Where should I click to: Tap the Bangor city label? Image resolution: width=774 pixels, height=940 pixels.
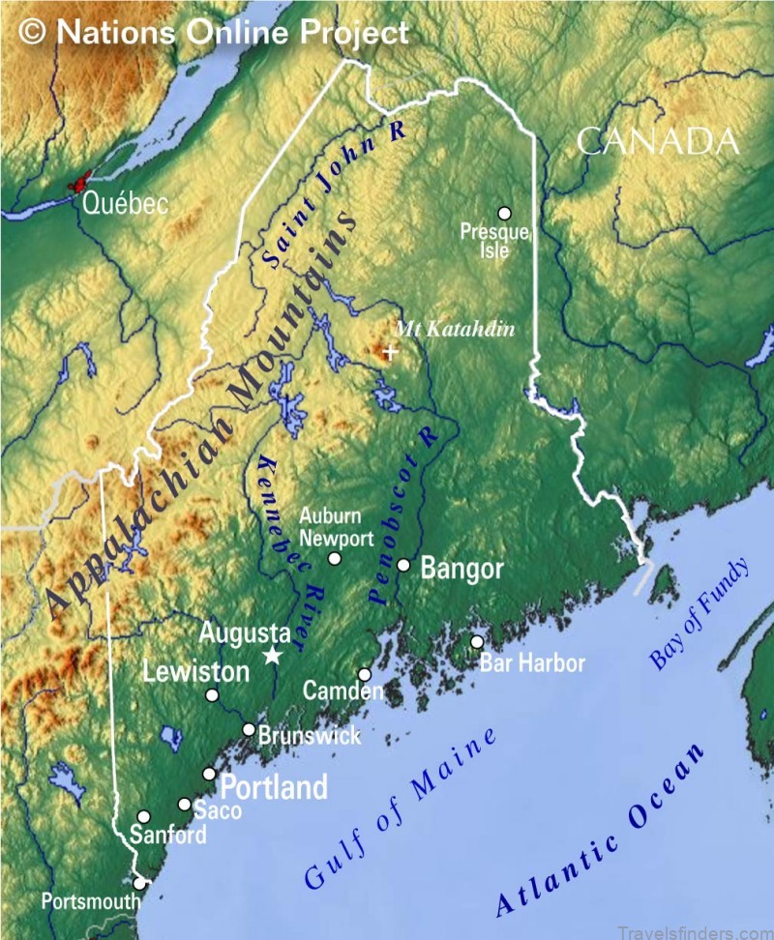point(461,569)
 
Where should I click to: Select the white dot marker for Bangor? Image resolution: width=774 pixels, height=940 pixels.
point(403,565)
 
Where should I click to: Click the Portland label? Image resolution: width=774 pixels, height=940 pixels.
point(275,787)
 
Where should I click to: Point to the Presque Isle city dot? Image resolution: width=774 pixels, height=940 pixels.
point(504,213)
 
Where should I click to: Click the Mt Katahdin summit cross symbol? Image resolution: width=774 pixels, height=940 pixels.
point(390,353)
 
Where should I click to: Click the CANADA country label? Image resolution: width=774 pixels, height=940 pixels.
point(658,142)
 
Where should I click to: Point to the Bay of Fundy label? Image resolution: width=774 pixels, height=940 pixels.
point(699,614)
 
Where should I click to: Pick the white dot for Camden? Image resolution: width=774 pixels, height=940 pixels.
point(365,675)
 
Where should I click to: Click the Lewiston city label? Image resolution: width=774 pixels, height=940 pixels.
point(195,671)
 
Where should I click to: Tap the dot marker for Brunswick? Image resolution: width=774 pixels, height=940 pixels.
point(249,730)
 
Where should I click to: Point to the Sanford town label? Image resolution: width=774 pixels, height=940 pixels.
point(169,835)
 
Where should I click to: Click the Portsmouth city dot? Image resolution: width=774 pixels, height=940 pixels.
point(140,883)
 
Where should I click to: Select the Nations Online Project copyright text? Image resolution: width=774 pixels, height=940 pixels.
point(215,32)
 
